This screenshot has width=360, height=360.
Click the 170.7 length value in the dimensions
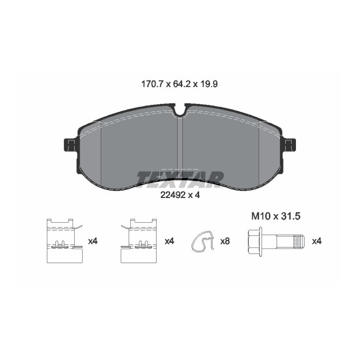pyautogui.click(x=152, y=84)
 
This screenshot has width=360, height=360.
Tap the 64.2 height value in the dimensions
pyautogui.click(x=182, y=84)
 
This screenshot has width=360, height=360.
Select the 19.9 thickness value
pyautogui.click(x=209, y=84)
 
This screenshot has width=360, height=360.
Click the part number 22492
pyautogui.click(x=170, y=195)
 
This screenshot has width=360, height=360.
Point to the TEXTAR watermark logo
pyautogui.click(x=180, y=179)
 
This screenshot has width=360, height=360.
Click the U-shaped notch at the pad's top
pyautogui.click(x=180, y=110)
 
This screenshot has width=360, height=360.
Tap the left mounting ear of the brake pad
pyautogui.click(x=70, y=145)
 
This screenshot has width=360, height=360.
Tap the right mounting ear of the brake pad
pyautogui.click(x=289, y=145)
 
